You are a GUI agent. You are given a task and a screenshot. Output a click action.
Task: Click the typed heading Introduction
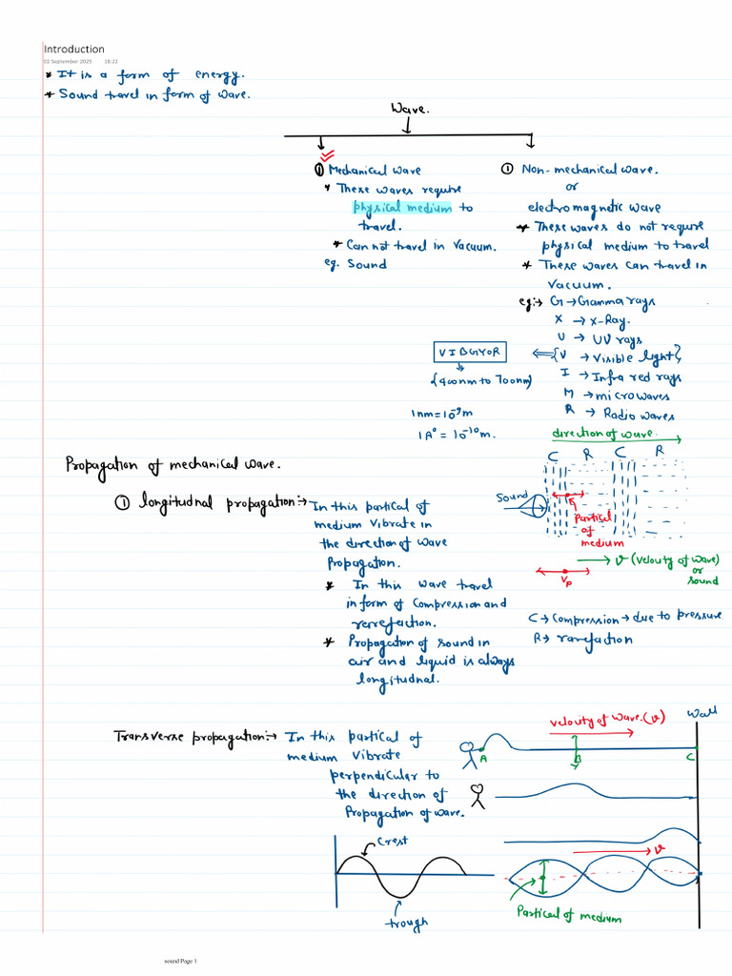click(74, 50)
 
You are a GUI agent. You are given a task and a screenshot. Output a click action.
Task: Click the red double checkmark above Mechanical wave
click(327, 155)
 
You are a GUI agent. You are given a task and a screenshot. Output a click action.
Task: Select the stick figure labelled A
click(469, 754)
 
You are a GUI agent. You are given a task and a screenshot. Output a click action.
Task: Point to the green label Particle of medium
click(569, 915)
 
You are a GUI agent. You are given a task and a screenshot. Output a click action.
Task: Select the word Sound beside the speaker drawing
click(512, 498)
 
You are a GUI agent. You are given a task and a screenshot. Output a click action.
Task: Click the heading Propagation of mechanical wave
click(173, 466)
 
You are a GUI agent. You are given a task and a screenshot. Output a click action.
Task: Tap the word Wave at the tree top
click(410, 110)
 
